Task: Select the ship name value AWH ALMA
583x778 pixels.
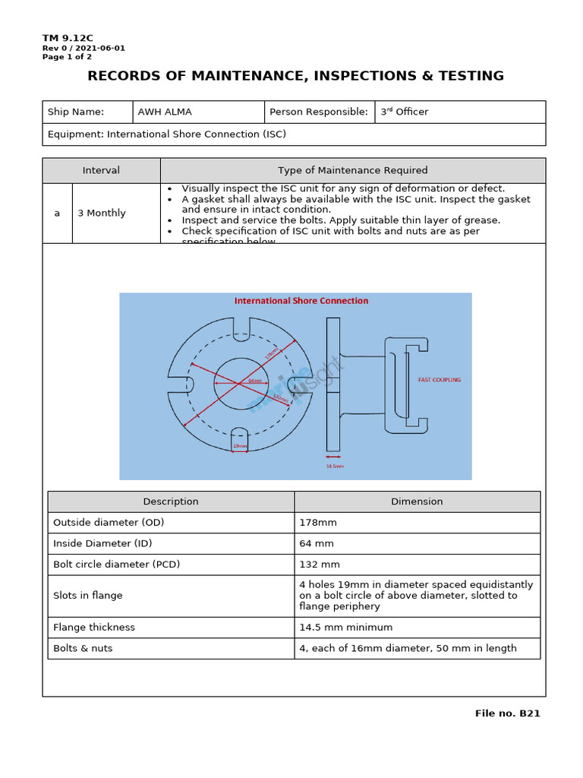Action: [x=165, y=112]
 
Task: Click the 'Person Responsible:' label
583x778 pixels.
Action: [x=319, y=112]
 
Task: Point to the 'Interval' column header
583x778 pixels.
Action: [x=101, y=170]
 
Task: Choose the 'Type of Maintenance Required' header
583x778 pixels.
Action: [x=352, y=170]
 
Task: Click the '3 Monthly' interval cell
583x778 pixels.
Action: [x=102, y=213]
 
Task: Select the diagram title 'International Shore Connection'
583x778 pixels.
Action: [x=301, y=301]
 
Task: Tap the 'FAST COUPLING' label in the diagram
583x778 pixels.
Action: [x=440, y=380]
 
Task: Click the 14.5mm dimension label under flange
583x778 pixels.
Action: [x=335, y=466]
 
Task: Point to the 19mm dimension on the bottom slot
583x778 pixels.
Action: [x=240, y=446]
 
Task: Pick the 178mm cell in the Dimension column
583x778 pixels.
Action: [x=319, y=523]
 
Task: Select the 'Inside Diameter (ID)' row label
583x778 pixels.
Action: [x=103, y=544]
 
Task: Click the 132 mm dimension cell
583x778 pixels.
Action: [x=320, y=565]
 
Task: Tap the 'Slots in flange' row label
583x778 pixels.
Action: [x=88, y=596]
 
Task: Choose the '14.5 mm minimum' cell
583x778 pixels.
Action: [x=346, y=628]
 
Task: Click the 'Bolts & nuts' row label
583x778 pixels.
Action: [x=83, y=648]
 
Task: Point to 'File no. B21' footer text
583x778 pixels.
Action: [x=507, y=713]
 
